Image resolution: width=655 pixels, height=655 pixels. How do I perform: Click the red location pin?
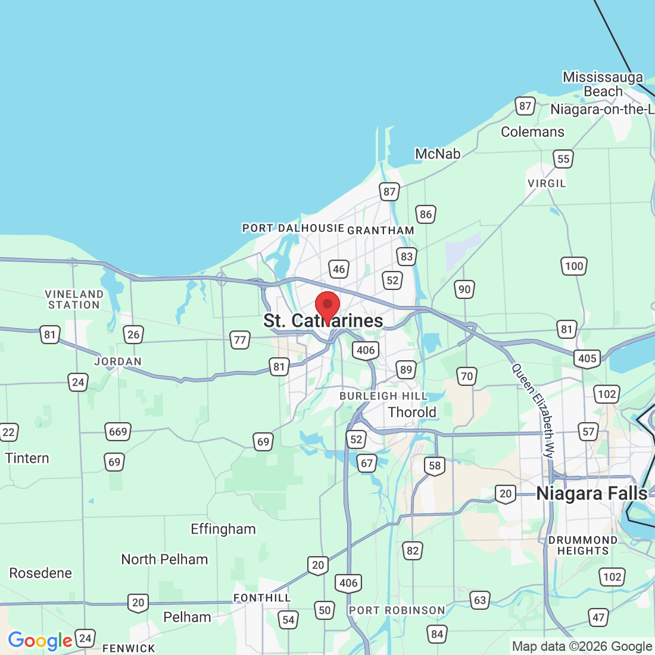pos(327,305)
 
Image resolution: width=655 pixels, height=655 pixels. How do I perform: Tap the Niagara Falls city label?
pos(591,494)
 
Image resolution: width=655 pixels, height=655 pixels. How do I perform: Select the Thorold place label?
pos(412,412)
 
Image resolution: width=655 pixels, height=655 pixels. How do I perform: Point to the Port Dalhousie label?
pos(293,228)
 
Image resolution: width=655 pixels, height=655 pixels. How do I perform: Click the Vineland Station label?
pos(74,300)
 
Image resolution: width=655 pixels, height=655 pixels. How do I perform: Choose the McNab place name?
pos(438,154)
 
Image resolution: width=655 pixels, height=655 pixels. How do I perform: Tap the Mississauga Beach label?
pos(603,85)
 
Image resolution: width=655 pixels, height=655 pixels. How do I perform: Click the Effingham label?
pos(223,529)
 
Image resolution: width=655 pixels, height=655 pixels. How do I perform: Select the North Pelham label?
pos(164,559)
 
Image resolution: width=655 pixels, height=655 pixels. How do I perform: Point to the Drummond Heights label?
pos(583,545)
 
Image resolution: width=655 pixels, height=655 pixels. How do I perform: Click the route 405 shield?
pos(587,358)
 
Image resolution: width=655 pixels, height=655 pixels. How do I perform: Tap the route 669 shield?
pos(118,431)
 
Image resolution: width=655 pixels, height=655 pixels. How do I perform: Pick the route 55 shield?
pos(563,159)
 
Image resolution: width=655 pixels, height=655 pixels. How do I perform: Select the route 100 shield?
pos(574,266)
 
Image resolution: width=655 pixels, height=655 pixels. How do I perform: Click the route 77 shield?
pos(240,340)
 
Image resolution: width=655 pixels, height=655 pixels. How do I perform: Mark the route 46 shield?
pos(339,269)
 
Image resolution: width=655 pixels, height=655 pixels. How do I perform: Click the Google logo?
pos(40,641)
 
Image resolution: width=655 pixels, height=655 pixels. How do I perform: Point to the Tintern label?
pos(27,458)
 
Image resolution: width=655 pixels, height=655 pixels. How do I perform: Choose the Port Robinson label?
pos(397,610)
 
